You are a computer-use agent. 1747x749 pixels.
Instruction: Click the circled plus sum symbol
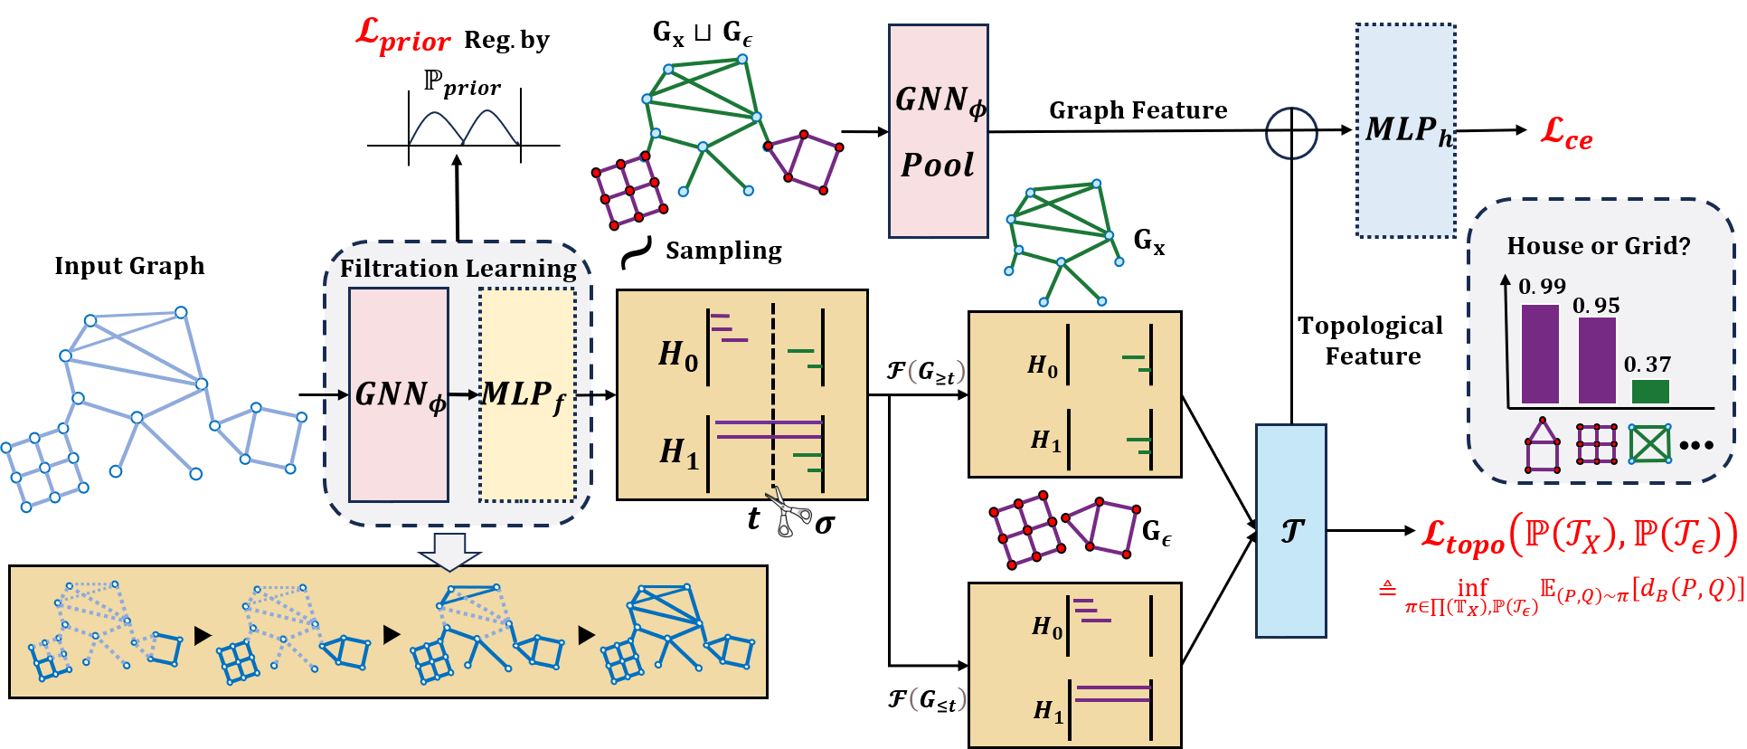point(1290,134)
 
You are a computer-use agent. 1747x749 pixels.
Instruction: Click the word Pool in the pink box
point(938,166)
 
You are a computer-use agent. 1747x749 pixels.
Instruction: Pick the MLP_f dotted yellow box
point(527,395)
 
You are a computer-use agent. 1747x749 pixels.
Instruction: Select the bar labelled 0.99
point(1540,354)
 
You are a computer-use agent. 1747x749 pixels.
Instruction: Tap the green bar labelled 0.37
point(1650,392)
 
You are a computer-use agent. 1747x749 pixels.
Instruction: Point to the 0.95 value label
point(1596,306)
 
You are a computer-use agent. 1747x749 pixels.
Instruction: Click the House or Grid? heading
point(1598,246)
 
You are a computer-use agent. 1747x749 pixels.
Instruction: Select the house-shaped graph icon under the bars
point(1543,446)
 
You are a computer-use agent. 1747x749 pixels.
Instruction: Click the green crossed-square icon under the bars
point(1649,444)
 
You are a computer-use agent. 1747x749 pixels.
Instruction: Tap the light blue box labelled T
point(1290,531)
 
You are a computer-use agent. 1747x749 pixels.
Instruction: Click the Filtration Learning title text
point(458,269)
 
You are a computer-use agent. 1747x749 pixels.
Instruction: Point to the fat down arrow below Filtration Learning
point(449,551)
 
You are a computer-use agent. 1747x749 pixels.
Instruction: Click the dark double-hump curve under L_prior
point(464,128)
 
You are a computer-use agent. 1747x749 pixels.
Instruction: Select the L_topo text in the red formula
point(1461,536)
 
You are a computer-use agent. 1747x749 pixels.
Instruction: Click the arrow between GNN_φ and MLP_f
point(464,394)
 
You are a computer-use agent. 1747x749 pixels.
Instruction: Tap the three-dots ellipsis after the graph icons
point(1696,445)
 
